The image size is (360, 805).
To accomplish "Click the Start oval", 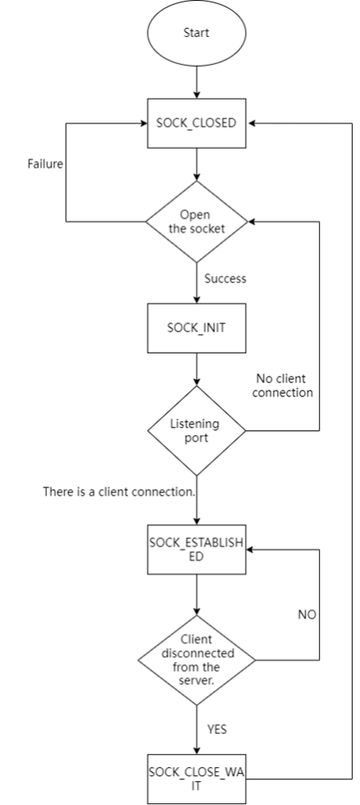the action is [x=196, y=33].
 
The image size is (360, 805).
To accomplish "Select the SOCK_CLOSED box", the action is [x=196, y=123].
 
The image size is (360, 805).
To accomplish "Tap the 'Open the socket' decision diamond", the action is [x=196, y=222].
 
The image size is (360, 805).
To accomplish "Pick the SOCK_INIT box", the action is [x=196, y=328].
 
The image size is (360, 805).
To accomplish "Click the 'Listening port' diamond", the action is [x=196, y=431].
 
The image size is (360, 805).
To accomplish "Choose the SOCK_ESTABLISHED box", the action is [x=196, y=549].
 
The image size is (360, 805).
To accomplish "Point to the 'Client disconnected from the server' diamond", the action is [x=196, y=660].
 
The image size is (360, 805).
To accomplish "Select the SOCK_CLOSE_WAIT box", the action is [x=196, y=779].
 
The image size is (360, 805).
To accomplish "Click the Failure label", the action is [x=46, y=164].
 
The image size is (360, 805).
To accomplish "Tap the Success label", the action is [x=225, y=279].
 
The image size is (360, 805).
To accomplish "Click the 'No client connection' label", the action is [x=282, y=386].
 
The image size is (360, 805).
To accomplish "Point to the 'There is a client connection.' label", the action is [x=119, y=492].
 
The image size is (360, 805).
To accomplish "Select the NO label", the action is [x=307, y=614].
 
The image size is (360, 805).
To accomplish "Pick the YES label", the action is [x=217, y=729].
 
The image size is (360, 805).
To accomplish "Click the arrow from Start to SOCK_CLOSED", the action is [x=196, y=82].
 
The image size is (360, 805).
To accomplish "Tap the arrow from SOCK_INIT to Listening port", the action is [x=196, y=369].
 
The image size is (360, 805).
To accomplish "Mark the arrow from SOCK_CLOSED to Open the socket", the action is [x=196, y=164].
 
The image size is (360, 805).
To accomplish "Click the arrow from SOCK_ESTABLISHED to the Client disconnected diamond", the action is [x=196, y=594].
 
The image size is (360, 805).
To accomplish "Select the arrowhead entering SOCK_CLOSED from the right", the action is [x=250, y=123].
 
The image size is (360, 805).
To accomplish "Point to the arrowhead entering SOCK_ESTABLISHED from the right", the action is [x=250, y=549].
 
